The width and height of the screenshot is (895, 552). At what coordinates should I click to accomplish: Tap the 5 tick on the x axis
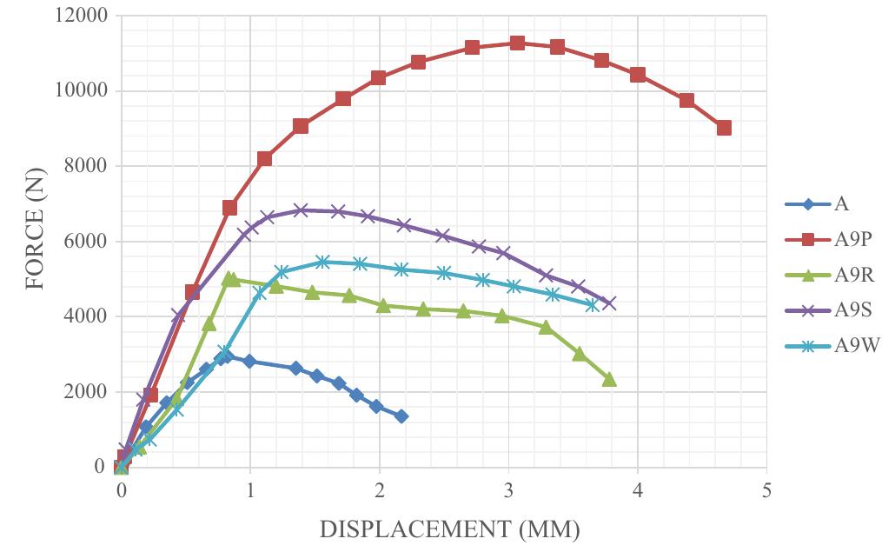766,489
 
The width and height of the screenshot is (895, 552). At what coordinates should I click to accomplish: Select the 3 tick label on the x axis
508,489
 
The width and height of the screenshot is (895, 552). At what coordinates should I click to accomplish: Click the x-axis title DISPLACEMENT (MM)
449,529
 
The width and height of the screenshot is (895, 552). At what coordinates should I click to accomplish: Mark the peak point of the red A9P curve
517,43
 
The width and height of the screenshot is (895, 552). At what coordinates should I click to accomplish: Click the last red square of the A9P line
724,128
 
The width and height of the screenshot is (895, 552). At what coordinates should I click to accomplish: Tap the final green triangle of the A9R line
609,379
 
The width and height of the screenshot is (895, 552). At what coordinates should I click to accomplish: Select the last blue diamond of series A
401,416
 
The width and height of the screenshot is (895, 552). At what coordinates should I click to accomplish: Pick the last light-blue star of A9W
593,305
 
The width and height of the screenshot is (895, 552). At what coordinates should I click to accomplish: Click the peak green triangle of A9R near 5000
230,279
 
